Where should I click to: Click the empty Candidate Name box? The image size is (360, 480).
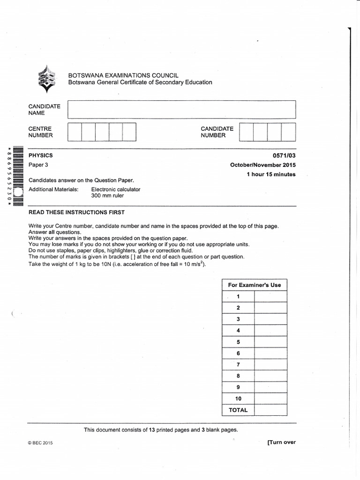click(x=182, y=109)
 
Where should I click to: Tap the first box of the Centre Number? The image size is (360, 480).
click(x=75, y=132)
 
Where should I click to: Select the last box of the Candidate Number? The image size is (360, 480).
click(x=288, y=132)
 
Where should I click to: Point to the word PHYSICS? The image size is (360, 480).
click(x=41, y=155)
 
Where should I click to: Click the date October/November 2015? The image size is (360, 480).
click(x=262, y=165)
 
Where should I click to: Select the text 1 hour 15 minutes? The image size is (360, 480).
click(x=271, y=174)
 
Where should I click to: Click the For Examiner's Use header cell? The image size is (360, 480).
click(x=254, y=285)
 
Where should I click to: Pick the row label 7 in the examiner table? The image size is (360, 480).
click(x=238, y=364)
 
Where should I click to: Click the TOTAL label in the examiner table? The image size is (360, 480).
click(x=238, y=410)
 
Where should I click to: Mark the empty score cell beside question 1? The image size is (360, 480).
click(x=270, y=296)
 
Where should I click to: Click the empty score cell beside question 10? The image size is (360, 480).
click(x=270, y=398)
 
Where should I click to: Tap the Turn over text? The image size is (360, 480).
click(x=281, y=442)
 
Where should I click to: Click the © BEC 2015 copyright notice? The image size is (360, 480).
click(x=41, y=443)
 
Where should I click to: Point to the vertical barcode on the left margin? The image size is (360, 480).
click(x=17, y=176)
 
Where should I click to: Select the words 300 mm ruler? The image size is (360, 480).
click(x=107, y=196)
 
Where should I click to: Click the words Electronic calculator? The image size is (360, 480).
click(x=115, y=189)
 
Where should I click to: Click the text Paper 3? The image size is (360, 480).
click(x=38, y=165)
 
